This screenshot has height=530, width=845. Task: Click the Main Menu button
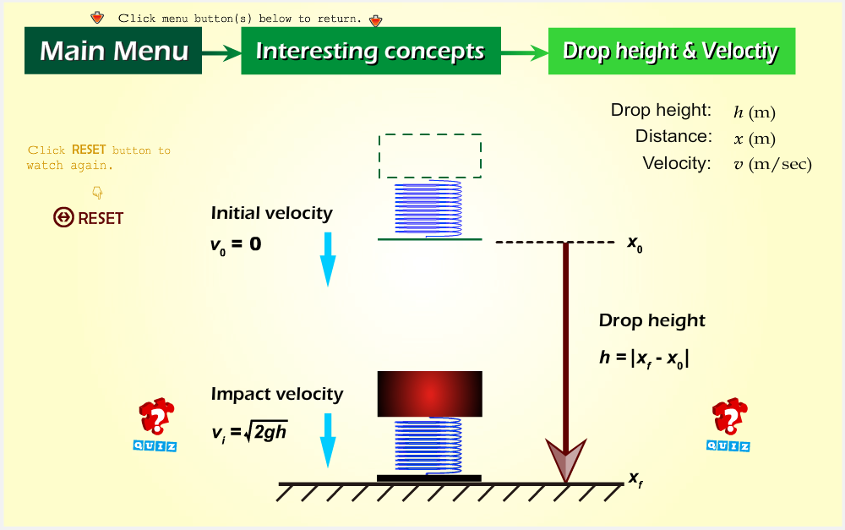tap(113, 51)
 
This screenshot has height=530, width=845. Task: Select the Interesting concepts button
tap(371, 51)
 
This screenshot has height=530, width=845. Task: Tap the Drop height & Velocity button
tap(672, 51)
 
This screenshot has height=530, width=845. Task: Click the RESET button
tap(89, 218)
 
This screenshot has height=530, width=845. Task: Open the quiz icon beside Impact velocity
tap(155, 424)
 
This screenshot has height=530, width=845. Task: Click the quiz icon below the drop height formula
tap(728, 424)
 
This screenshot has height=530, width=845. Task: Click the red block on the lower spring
tap(429, 394)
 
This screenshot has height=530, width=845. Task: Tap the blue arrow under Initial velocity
tap(328, 260)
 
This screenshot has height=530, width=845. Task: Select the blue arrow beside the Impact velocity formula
tap(328, 440)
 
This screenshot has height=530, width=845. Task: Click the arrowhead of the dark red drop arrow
tap(566, 459)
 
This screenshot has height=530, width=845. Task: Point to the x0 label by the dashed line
tap(635, 243)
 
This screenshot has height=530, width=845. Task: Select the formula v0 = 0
tap(236, 245)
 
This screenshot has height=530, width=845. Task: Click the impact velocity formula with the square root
tap(249, 432)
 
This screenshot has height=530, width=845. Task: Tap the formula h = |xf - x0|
tap(644, 358)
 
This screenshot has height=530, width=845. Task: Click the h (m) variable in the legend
tap(755, 112)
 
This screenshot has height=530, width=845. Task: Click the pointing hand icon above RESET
tap(97, 192)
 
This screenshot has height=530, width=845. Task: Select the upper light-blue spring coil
tap(428, 209)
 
